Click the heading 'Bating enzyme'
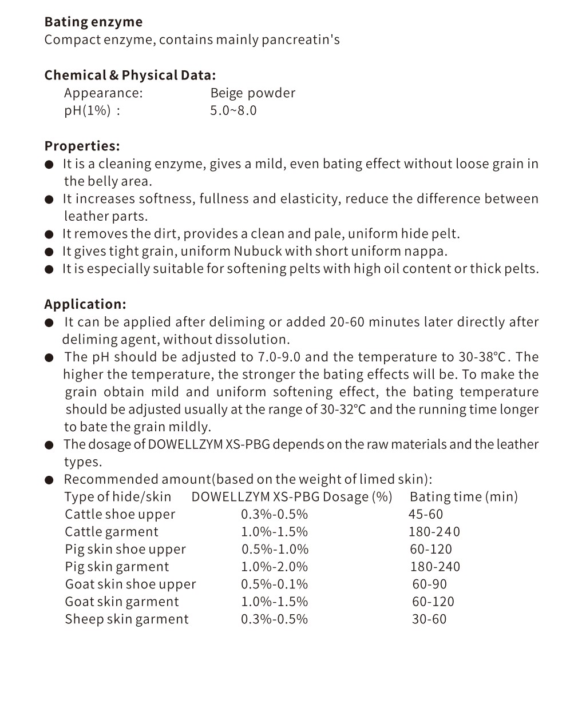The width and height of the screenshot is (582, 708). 93,22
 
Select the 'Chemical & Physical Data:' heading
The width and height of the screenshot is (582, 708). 130,75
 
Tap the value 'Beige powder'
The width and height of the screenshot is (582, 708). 252,93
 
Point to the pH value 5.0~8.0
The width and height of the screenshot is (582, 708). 233,110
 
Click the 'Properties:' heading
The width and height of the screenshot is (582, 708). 82,146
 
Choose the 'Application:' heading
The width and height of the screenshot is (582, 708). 85,304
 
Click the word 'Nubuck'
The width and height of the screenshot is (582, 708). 256,251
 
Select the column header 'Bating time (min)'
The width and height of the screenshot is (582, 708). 464,497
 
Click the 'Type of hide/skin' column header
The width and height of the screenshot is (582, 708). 117,497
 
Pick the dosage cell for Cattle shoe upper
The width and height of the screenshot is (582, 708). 274,514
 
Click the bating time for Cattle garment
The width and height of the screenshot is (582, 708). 434,532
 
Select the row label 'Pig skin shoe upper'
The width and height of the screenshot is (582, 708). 125,550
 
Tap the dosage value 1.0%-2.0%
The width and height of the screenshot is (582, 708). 274,567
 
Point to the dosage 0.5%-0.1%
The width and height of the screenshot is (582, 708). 274,584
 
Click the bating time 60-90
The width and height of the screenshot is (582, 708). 429,584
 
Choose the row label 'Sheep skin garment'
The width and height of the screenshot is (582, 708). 126,619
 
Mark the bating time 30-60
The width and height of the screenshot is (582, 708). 429,619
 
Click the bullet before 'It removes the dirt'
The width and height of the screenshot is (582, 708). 49,234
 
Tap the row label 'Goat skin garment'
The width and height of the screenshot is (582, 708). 121,602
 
